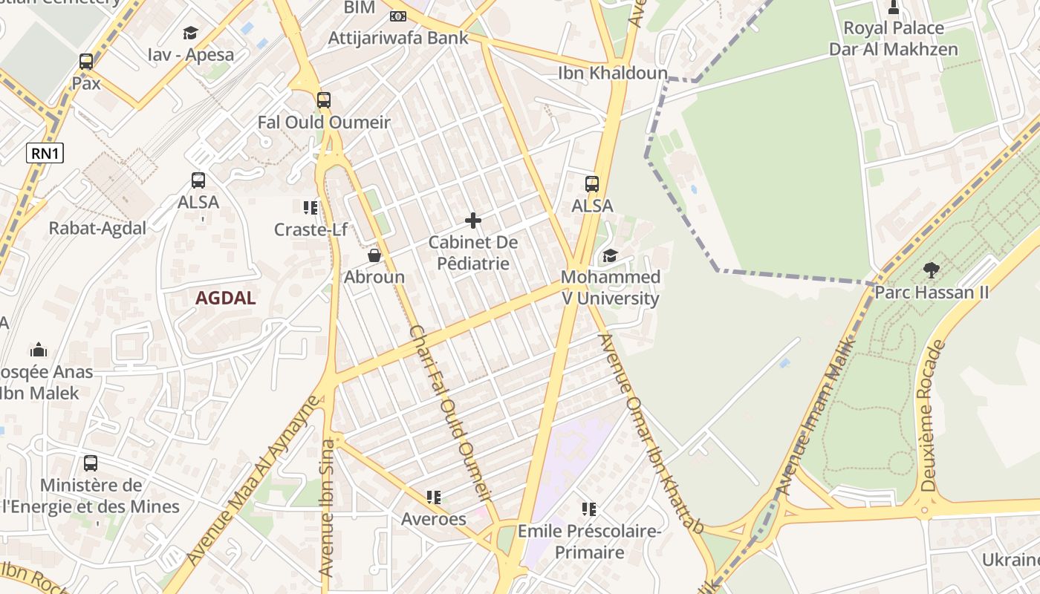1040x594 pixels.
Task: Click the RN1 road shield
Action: coord(45,154)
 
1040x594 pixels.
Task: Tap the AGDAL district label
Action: coord(225,298)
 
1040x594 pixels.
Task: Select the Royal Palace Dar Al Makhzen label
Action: coord(893,39)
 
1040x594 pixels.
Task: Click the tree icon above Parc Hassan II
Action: coord(931,270)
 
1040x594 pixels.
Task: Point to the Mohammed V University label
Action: coord(610,288)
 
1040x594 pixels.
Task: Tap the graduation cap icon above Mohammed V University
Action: coord(610,255)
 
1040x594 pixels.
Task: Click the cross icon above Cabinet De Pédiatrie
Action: coord(473,221)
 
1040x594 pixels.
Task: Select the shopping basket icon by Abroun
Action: coord(374,255)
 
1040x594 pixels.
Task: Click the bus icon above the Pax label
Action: coord(86,62)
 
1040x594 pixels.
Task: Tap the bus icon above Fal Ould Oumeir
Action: coord(324,100)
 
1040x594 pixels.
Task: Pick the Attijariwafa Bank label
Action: coord(398,38)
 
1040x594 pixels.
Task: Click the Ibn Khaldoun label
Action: coord(613,73)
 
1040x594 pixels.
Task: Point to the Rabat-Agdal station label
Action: coord(97,228)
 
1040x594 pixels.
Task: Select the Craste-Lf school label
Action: coord(311,229)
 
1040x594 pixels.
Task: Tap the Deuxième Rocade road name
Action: coord(932,416)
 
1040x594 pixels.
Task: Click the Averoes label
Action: coord(434,519)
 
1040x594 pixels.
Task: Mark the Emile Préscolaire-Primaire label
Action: coord(589,542)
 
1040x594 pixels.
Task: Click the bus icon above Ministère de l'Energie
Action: coord(91,463)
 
